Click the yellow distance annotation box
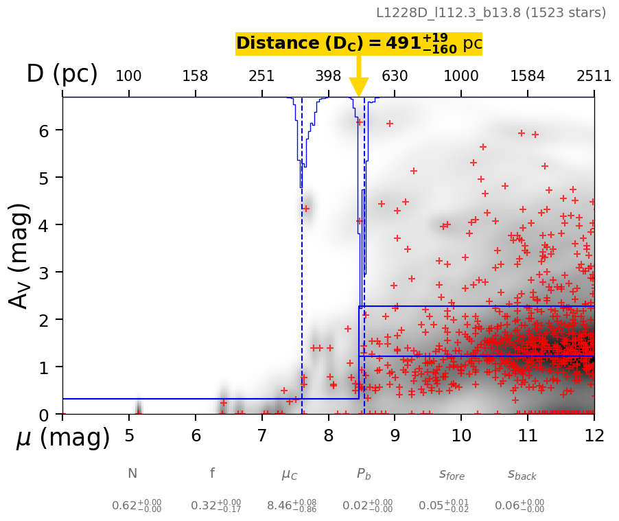[x=358, y=43]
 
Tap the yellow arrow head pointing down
[x=358, y=87]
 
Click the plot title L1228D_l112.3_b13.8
[x=491, y=12]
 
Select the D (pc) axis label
[x=62, y=74]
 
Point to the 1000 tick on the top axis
[x=461, y=76]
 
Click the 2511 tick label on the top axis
[x=594, y=76]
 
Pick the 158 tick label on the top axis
[x=195, y=76]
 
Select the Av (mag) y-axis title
[x=21, y=255]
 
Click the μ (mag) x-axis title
[x=63, y=438]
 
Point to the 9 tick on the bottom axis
[x=395, y=435]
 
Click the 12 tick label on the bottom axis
[x=594, y=435]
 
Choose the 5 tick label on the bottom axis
[x=129, y=435]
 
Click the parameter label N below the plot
[x=132, y=474]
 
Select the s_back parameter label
[x=522, y=474]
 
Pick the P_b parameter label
[x=364, y=474]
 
